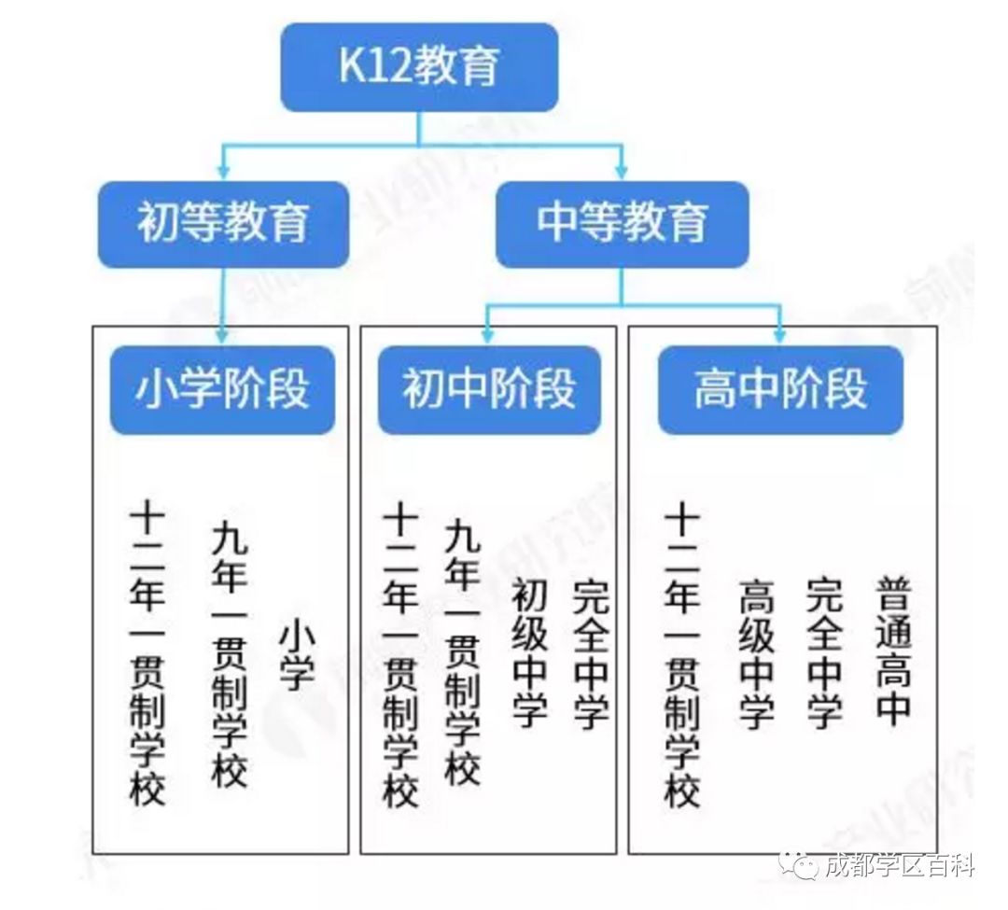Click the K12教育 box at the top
click(x=419, y=67)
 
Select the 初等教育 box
click(x=223, y=224)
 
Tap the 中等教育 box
click(x=623, y=224)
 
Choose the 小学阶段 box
click(x=222, y=390)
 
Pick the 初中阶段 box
click(x=489, y=390)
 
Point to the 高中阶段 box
click(x=780, y=390)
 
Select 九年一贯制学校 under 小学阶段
click(x=230, y=653)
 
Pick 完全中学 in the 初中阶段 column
click(x=591, y=653)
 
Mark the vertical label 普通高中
click(x=893, y=651)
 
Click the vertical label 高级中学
click(x=757, y=653)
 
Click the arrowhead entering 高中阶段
click(x=780, y=336)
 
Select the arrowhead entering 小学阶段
click(x=222, y=336)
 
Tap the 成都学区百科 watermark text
click(x=900, y=865)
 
